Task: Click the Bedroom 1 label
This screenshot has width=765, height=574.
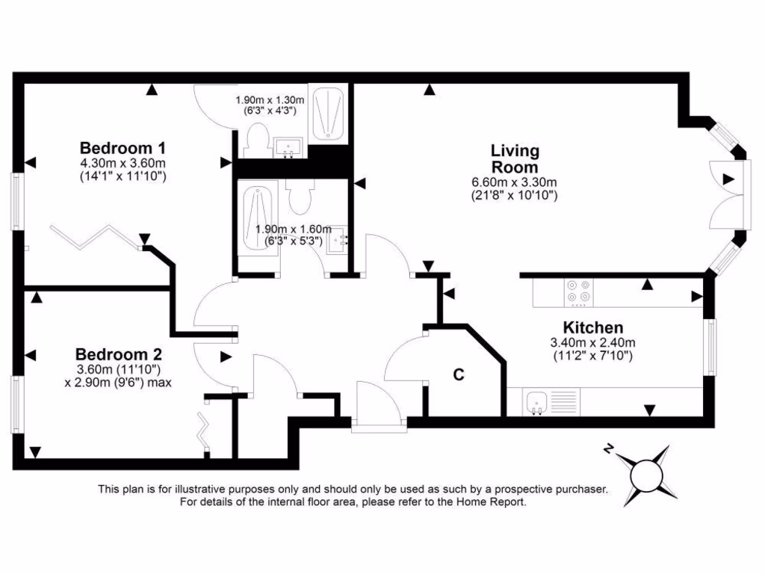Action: point(123,146)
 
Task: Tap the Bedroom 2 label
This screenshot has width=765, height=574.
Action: point(119,354)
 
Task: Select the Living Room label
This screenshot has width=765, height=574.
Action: point(515,158)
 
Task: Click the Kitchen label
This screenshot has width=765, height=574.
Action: point(592,327)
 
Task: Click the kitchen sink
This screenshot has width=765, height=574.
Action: point(536,402)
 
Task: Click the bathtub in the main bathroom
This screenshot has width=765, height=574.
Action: point(258,217)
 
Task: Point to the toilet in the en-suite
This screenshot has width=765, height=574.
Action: point(256,142)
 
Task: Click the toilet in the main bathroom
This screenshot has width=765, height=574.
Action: point(303,197)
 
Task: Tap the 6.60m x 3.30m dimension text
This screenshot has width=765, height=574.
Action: point(514,182)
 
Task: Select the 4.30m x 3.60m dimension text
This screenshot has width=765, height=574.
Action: point(123,163)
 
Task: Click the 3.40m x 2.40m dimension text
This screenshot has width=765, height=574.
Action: point(592,343)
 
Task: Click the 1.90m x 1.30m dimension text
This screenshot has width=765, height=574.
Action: point(270,100)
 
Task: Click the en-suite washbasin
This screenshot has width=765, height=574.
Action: point(288,147)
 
